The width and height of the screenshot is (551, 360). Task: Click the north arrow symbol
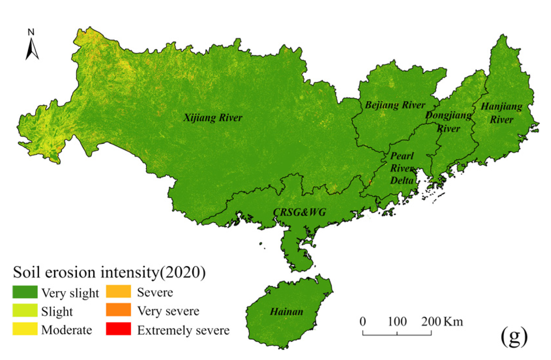click(32, 49)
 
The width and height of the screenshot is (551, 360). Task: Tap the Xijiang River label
click(213, 117)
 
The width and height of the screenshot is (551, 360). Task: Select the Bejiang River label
click(395, 105)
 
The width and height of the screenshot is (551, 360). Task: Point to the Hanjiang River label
click(501, 113)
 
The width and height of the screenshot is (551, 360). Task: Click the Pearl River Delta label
click(402, 168)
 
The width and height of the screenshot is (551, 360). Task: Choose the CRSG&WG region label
click(299, 212)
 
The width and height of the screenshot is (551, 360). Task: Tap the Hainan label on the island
click(286, 312)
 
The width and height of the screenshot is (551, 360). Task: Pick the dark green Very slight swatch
click(25, 292)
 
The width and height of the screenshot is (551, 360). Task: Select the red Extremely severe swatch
click(118, 329)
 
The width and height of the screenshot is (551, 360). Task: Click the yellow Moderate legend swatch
click(25, 329)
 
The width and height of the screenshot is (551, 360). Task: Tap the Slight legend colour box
click(25, 310)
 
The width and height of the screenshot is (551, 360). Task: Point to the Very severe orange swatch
click(118, 310)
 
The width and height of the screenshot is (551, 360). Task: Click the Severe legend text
click(155, 292)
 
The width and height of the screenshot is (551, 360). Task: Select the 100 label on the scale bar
click(397, 322)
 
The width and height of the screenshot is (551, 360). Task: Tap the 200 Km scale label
click(442, 322)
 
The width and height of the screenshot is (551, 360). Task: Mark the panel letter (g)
click(514, 336)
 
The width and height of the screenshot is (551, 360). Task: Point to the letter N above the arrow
click(31, 32)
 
